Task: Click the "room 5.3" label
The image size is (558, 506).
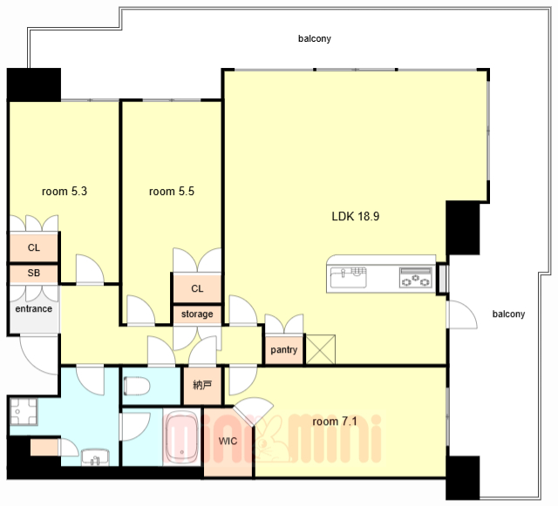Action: pyautogui.click(x=65, y=192)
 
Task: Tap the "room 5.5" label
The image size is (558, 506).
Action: pyautogui.click(x=172, y=192)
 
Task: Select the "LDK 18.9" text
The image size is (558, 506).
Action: pyautogui.click(x=356, y=216)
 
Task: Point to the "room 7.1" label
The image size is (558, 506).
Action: pyautogui.click(x=335, y=422)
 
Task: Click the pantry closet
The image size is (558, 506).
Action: pyautogui.click(x=283, y=349)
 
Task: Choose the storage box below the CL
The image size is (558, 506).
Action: pyautogui.click(x=197, y=314)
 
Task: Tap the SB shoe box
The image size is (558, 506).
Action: pyautogui.click(x=33, y=273)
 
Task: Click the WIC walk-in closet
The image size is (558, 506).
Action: pyautogui.click(x=228, y=442)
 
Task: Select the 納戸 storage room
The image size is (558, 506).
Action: pyautogui.click(x=202, y=385)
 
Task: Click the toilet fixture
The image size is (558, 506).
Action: pyautogui.click(x=137, y=386)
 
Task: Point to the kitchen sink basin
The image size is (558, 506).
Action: pyautogui.click(x=348, y=277)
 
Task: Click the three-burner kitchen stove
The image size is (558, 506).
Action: pyautogui.click(x=416, y=277)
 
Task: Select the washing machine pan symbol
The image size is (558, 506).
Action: pyautogui.click(x=24, y=411)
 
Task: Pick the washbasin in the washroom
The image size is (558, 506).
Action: pyautogui.click(x=95, y=457)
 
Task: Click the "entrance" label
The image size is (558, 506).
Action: pyautogui.click(x=33, y=308)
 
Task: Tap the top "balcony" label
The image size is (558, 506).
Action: pyautogui.click(x=315, y=38)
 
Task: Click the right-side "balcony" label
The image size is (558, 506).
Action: pyautogui.click(x=508, y=314)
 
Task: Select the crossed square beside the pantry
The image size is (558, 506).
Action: pyautogui.click(x=320, y=349)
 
